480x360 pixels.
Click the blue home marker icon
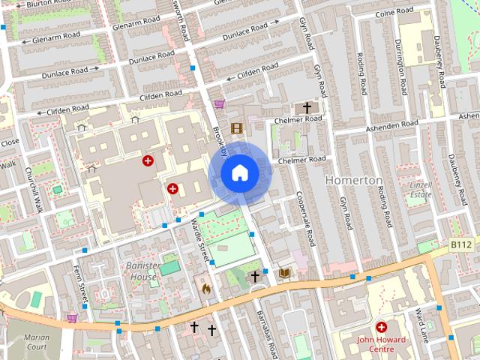coord(239,173)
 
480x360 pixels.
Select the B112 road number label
coord(461,245)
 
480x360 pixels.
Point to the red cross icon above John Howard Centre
coord(381,327)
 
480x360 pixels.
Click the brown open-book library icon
coord(284,274)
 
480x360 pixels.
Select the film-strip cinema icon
coord(237,128)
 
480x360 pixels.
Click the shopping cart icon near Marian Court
coord(72,317)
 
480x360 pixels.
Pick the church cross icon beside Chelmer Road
coord(306,107)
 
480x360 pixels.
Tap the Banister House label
coord(136,271)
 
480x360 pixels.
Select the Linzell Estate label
coord(421,189)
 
